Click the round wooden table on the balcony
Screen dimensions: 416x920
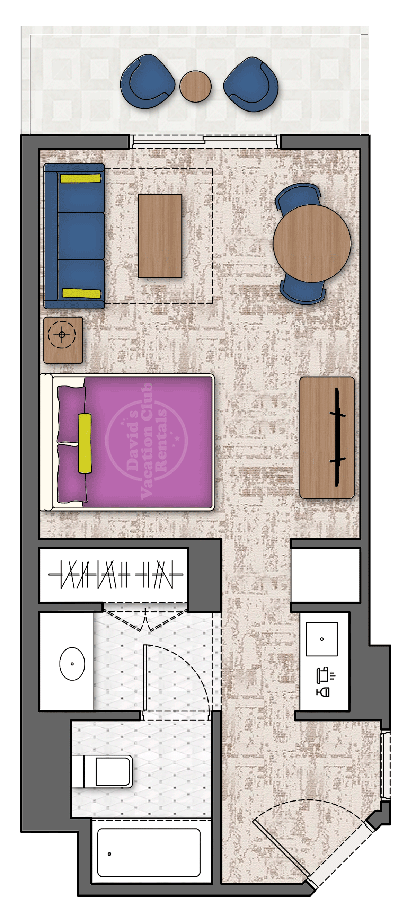pyautogui.click(x=195, y=87)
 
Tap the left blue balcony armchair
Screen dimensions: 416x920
pyautogui.click(x=147, y=81)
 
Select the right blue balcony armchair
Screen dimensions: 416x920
pyautogui.click(x=251, y=84)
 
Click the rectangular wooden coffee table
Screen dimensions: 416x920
pyautogui.click(x=160, y=236)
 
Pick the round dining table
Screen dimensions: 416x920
pyautogui.click(x=312, y=243)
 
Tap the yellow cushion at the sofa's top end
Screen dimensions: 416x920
pyautogui.click(x=81, y=178)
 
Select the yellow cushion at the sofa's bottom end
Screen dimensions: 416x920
pyautogui.click(x=81, y=293)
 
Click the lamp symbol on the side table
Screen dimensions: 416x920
pyautogui.click(x=62, y=335)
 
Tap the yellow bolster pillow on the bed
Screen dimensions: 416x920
pyautogui.click(x=85, y=443)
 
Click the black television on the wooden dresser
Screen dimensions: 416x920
pyautogui.click(x=337, y=437)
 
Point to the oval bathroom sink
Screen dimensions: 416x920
pyautogui.click(x=72, y=664)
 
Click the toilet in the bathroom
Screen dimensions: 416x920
pyautogui.click(x=102, y=771)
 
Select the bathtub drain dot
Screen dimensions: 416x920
pyautogui.click(x=109, y=854)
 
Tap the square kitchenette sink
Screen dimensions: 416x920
pyautogui.click(x=322, y=639)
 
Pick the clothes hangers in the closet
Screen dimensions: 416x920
pyautogui.click(x=115, y=574)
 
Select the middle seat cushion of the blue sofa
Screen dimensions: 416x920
pyautogui.click(x=81, y=236)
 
